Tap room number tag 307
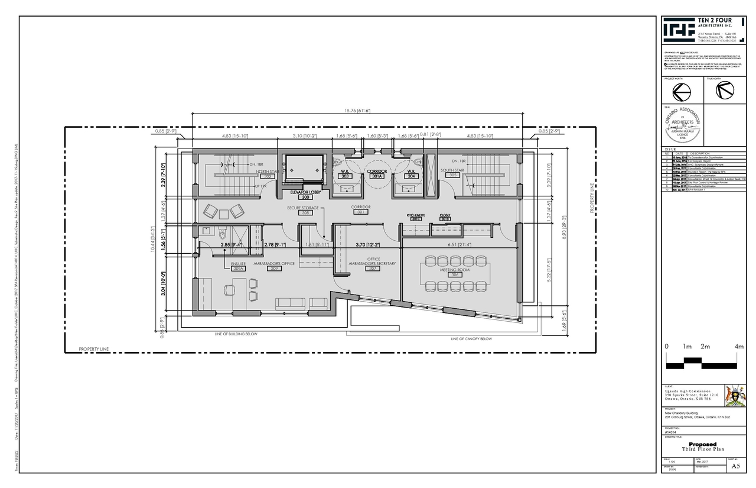click(372, 269)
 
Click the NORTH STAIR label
click(267, 172)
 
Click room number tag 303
click(346, 176)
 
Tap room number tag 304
click(411, 176)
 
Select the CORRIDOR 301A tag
click(377, 176)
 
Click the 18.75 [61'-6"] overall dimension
click(357, 111)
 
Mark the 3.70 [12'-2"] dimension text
click(368, 244)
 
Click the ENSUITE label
click(238, 264)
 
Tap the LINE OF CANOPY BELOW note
click(471, 339)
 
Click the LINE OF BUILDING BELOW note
click(236, 334)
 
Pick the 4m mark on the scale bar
click(739, 346)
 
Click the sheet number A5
click(735, 466)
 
